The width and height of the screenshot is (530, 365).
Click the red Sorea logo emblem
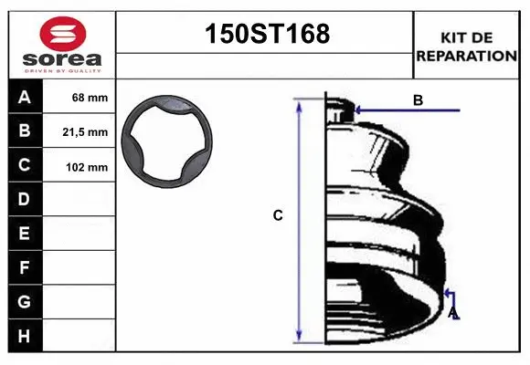click(63, 34)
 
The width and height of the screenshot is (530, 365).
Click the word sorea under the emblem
click(62, 59)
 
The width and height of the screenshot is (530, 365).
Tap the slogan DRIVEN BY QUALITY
click(62, 71)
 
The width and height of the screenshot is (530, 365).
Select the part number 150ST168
click(268, 34)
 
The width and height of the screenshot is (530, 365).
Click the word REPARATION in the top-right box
click(467, 56)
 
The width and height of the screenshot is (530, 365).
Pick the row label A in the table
click(25, 98)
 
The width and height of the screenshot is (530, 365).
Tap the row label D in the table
click(24, 199)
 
